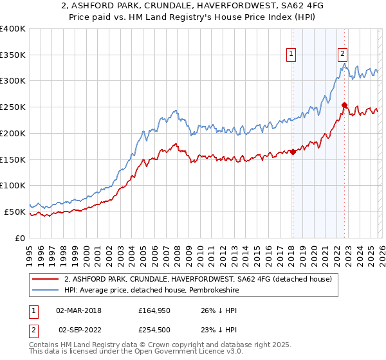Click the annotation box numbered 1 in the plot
(292, 54)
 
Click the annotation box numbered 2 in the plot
(343, 54)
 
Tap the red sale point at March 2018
(293, 152)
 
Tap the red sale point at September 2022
(344, 105)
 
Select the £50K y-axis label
(15, 212)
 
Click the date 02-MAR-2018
(79, 310)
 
